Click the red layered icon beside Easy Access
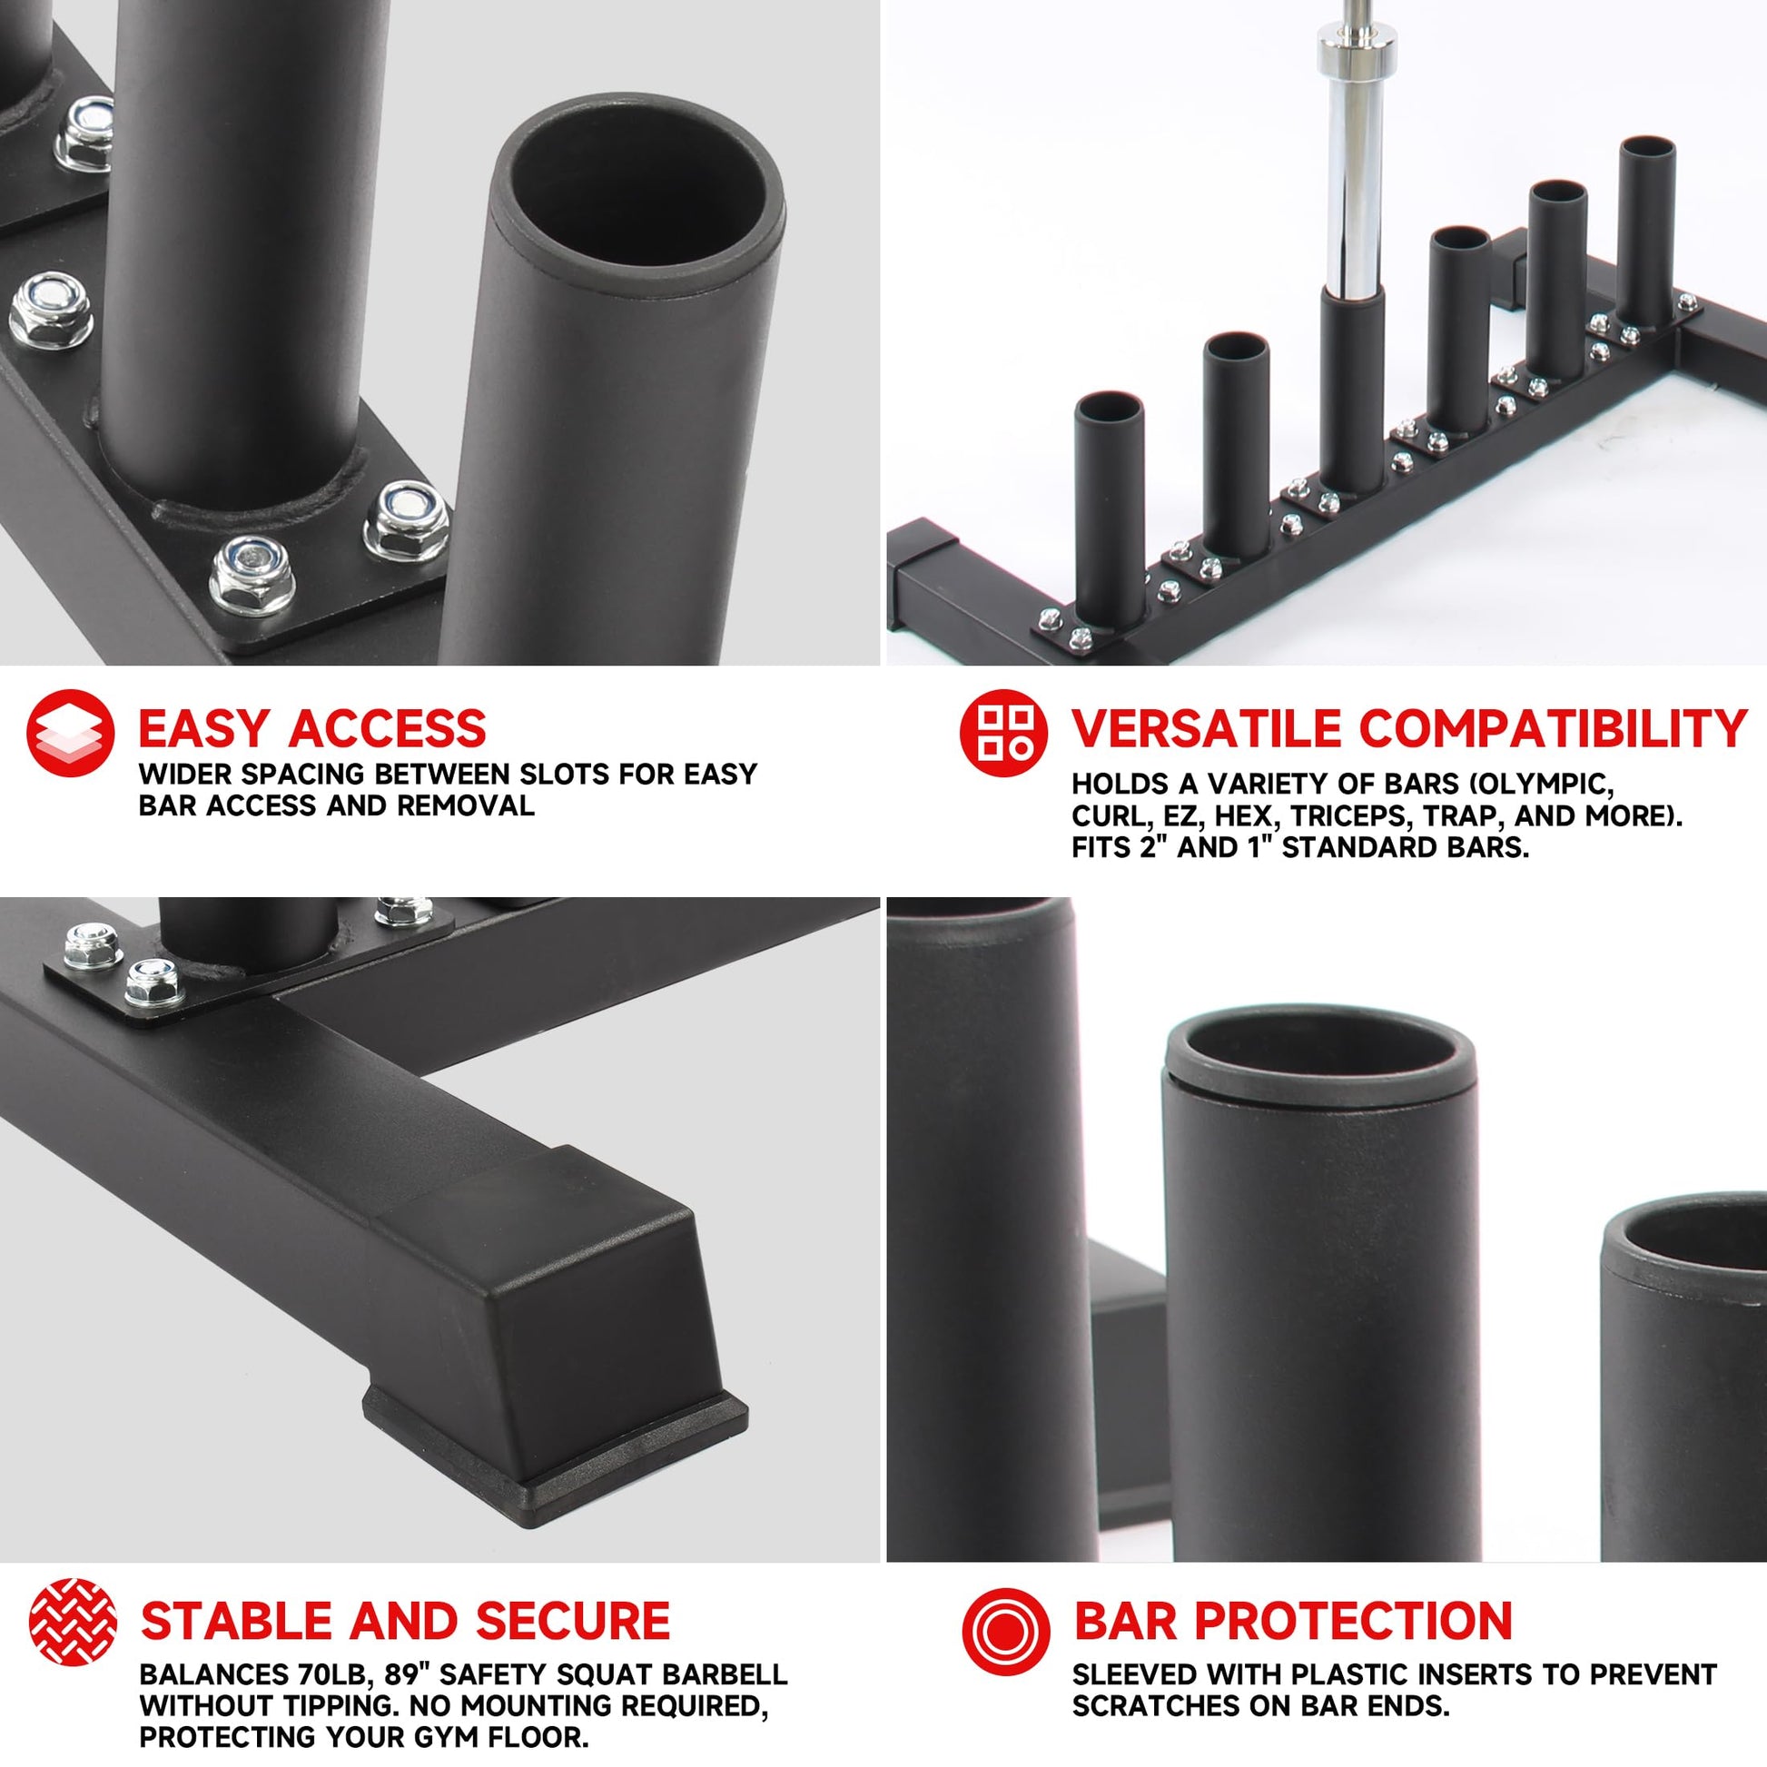pos(71,733)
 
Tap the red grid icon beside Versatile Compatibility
pos(1003,733)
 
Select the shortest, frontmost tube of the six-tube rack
pos(1110,508)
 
